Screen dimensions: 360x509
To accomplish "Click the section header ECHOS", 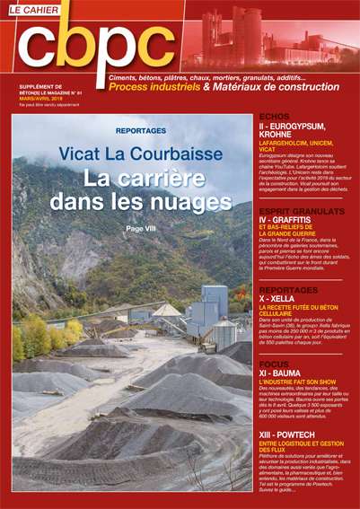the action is [275, 117].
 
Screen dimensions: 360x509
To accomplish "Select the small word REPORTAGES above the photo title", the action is [141, 130].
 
